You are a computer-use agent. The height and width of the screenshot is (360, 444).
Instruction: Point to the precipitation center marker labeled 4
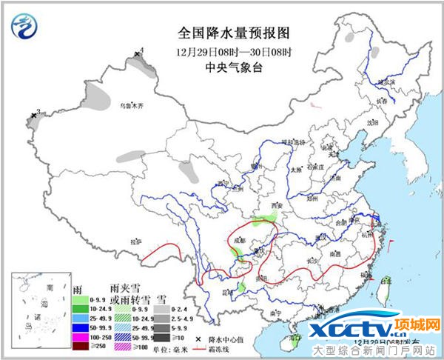point(137,54)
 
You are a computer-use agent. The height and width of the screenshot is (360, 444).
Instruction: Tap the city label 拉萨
point(135,241)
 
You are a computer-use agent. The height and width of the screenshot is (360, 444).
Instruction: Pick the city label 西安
point(277,205)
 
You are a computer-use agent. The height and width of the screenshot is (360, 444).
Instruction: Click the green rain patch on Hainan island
point(292,342)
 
